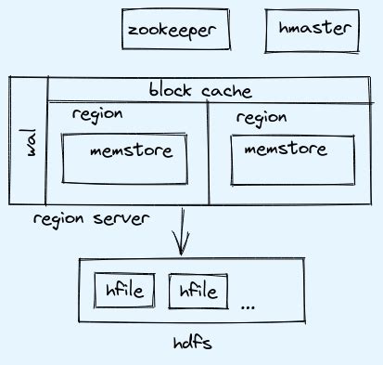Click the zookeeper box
[x=175, y=30]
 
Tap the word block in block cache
[x=170, y=91]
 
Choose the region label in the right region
[x=262, y=118]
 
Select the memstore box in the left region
[x=123, y=157]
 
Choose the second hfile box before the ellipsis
[x=198, y=292]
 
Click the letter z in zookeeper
[x=134, y=31]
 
